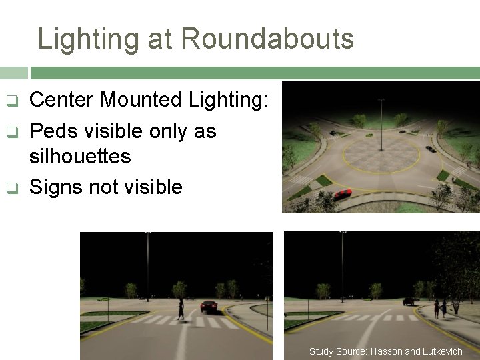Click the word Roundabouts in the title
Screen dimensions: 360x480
pos(267,39)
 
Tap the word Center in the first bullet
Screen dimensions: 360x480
pos(61,100)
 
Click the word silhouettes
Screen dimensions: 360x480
pos(80,157)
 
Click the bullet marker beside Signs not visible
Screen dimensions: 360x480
pos(11,188)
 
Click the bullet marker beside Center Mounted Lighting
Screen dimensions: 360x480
pos(11,101)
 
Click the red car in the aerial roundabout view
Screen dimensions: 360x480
pos(343,194)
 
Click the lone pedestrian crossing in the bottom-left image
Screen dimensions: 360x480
pos(180,310)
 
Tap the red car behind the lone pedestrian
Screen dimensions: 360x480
pos(209,306)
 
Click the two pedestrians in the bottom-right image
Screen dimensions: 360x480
pos(440,308)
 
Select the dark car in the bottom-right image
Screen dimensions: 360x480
pos(408,301)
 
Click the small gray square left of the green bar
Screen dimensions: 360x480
pos(14,73)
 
